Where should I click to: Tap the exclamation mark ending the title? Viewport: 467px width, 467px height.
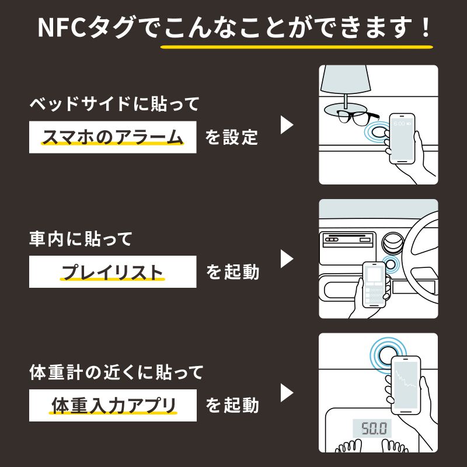pyautogui.click(x=425, y=27)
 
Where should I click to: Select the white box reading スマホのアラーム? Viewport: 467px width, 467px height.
pyautogui.click(x=113, y=138)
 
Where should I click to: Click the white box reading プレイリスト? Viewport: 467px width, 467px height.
pyautogui.click(x=113, y=272)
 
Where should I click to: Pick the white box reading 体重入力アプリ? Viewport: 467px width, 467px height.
pyautogui.click(x=113, y=405)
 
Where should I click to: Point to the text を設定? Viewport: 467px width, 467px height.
pyautogui.click(x=232, y=138)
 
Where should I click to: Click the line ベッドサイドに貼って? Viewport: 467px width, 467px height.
pyautogui.click(x=114, y=104)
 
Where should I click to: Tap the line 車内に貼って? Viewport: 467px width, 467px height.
pyautogui.click(x=81, y=238)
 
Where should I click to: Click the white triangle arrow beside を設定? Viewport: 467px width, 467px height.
pyautogui.click(x=287, y=125)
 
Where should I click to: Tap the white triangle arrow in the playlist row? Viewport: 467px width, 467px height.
pyautogui.click(x=287, y=259)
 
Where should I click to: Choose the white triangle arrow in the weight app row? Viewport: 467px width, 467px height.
pyautogui.click(x=287, y=392)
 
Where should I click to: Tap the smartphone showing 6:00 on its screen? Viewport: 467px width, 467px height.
pyautogui.click(x=401, y=136)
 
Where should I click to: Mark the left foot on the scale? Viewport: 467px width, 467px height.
pyautogui.click(x=350, y=447)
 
